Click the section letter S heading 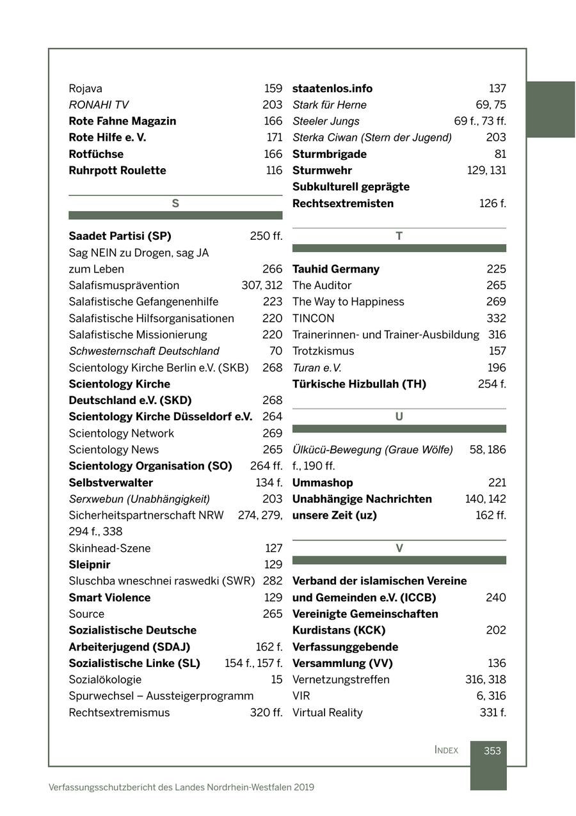point(175,204)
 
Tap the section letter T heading point(399,237)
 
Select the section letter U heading point(399,417)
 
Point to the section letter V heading point(399,549)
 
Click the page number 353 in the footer point(492,751)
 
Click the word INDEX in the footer point(446,750)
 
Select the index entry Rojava point(85,88)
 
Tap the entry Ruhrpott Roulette point(117,171)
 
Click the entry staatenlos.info point(332,88)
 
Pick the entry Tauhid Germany point(336,269)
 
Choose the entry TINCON point(313,318)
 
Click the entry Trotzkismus point(323,351)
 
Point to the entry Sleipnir point(90,565)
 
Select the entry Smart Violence point(109,598)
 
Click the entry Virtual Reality point(327,713)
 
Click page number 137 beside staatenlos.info point(497,88)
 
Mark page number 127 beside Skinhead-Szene point(273,549)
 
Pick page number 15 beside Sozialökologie point(276,680)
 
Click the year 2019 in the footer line point(304,787)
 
